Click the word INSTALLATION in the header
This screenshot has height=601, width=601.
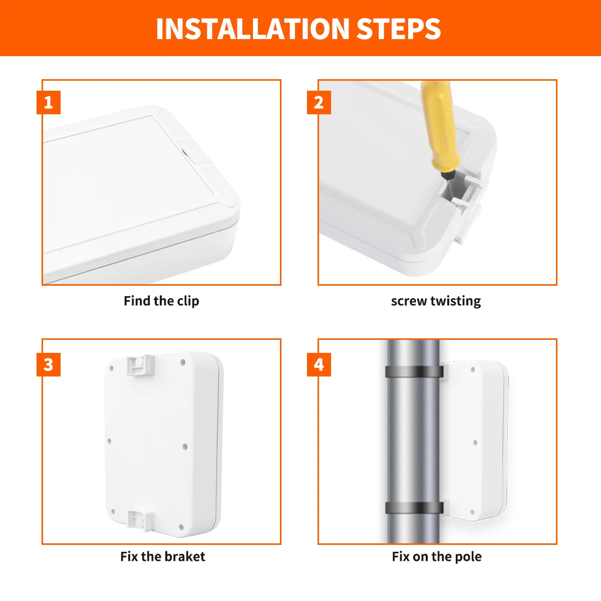tap(253, 29)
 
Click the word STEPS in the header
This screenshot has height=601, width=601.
tap(399, 29)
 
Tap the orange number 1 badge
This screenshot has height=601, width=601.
tap(49, 103)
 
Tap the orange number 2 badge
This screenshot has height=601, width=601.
tap(319, 103)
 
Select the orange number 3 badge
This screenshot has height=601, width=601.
tap(49, 364)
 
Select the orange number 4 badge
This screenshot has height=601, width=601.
tap(319, 364)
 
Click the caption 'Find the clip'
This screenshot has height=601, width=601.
tap(161, 301)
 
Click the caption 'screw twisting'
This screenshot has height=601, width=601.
tap(436, 301)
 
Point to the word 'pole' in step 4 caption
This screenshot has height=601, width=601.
tap(469, 556)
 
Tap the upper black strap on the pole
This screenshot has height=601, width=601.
tap(414, 372)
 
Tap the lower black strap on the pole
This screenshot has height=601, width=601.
tap(414, 507)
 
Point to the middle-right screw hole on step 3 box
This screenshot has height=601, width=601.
tap(184, 446)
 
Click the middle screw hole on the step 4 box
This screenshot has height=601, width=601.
tap(475, 443)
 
